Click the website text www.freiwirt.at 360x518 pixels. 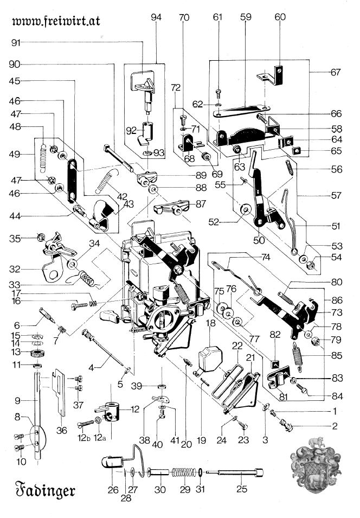click(x=56, y=21)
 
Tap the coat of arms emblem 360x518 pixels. click(x=316, y=465)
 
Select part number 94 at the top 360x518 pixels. click(x=156, y=17)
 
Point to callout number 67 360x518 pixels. click(x=336, y=72)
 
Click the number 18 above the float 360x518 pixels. click(x=210, y=323)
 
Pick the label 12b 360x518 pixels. click(x=83, y=438)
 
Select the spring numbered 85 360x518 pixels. click(x=298, y=356)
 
